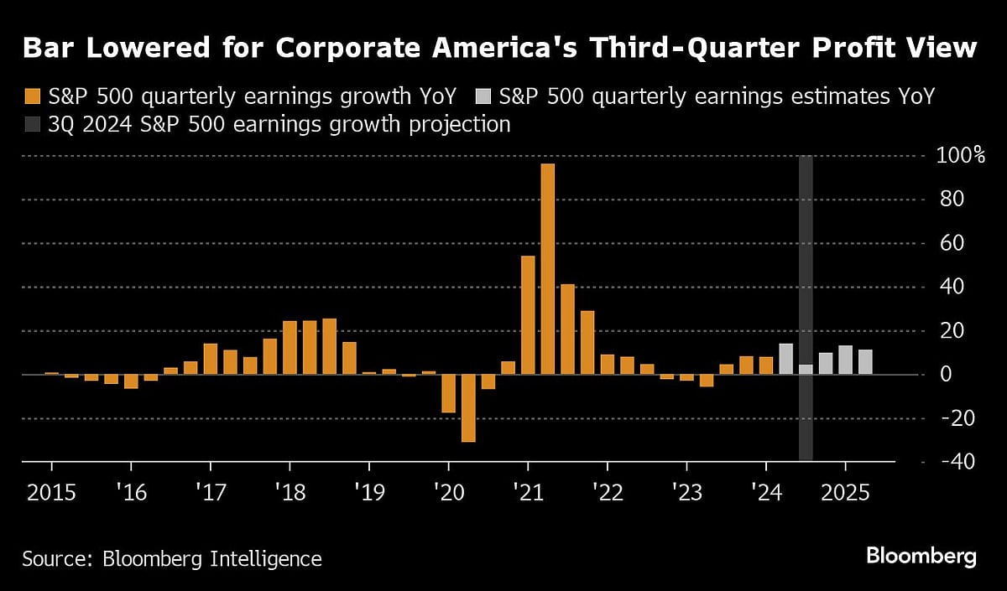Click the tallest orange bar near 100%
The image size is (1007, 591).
click(548, 268)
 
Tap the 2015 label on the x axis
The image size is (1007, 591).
click(51, 492)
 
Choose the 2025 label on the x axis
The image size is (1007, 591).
click(845, 492)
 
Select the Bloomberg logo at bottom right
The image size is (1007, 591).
click(921, 556)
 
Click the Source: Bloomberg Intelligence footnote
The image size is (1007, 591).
click(172, 558)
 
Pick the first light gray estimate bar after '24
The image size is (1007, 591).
click(785, 359)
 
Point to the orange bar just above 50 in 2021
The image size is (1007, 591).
click(528, 314)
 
